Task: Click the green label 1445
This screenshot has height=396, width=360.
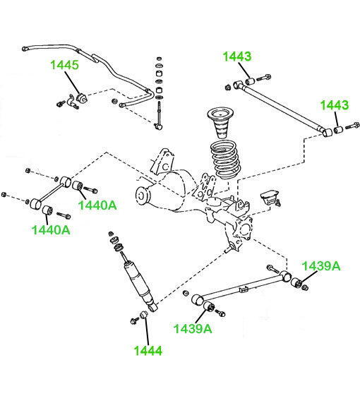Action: click(65, 65)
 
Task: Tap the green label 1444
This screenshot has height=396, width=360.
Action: click(148, 351)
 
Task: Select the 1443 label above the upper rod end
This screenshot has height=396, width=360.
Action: click(237, 56)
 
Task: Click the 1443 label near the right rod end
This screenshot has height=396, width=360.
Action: click(335, 105)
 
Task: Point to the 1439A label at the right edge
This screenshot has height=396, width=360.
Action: click(321, 266)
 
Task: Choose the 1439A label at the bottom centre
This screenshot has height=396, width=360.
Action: click(193, 328)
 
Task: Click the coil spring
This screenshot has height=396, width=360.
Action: click(224, 160)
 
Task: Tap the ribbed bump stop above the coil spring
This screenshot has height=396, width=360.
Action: click(220, 124)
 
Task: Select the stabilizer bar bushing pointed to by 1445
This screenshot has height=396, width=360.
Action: click(82, 97)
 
